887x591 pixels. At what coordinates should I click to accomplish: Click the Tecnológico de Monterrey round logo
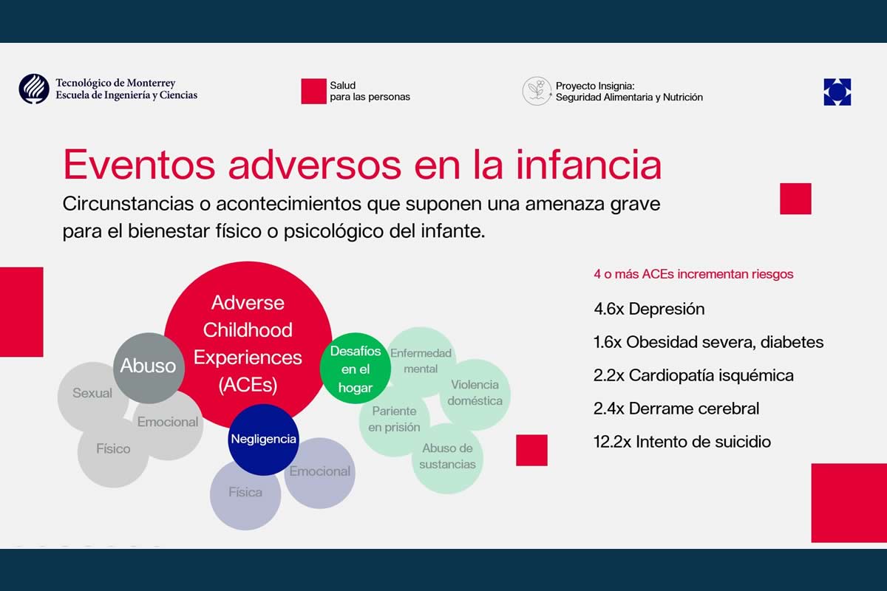34,89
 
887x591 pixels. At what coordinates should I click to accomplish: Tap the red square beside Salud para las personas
313,91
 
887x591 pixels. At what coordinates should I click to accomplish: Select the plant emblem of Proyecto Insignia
537,91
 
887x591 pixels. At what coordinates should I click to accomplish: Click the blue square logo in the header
837,92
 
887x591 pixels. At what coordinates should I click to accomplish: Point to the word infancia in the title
588,165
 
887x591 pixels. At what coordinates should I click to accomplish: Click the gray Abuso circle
149,368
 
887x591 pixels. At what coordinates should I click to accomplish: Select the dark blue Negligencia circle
263,440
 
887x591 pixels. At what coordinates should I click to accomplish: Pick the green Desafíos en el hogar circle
356,368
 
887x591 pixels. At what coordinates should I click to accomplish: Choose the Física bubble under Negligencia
245,495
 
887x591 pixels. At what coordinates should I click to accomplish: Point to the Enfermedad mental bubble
421,361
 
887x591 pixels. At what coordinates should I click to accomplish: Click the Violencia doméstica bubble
475,394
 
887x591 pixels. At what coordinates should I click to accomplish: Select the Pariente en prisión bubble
395,420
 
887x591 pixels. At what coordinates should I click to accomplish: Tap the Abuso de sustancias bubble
447,458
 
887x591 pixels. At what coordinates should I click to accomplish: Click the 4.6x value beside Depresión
608,309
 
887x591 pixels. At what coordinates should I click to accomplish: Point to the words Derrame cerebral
694,409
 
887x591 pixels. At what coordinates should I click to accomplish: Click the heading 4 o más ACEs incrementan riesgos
693,274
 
